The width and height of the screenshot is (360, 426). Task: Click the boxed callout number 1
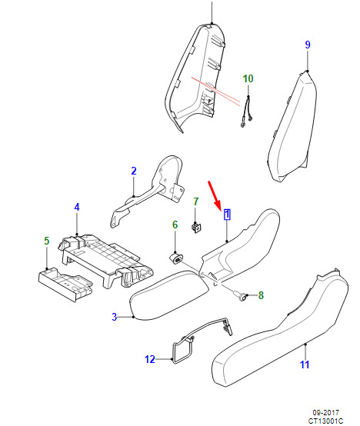point(227,215)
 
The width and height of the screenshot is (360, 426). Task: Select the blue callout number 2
point(134,171)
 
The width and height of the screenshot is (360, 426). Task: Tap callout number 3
point(115,317)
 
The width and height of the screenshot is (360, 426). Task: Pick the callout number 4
point(77,208)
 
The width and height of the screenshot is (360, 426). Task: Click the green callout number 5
point(47,241)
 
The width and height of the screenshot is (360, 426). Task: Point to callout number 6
point(175,225)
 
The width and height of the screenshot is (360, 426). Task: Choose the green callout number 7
point(196,201)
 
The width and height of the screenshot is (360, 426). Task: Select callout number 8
point(261,295)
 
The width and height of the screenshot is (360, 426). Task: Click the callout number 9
point(308,45)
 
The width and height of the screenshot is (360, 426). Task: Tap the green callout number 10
point(248,78)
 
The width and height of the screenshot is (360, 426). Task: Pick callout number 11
point(305,364)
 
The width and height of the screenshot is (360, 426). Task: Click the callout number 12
point(150,359)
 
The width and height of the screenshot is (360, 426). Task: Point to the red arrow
point(214,195)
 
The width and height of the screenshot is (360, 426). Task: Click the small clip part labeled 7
point(196,228)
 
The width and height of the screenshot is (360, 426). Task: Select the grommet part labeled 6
point(176,258)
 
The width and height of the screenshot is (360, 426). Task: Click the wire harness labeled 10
point(247,113)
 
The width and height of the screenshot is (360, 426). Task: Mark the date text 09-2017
point(325,413)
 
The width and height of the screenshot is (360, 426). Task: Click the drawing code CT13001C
point(325,421)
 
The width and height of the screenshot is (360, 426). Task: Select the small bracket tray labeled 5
point(65,285)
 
